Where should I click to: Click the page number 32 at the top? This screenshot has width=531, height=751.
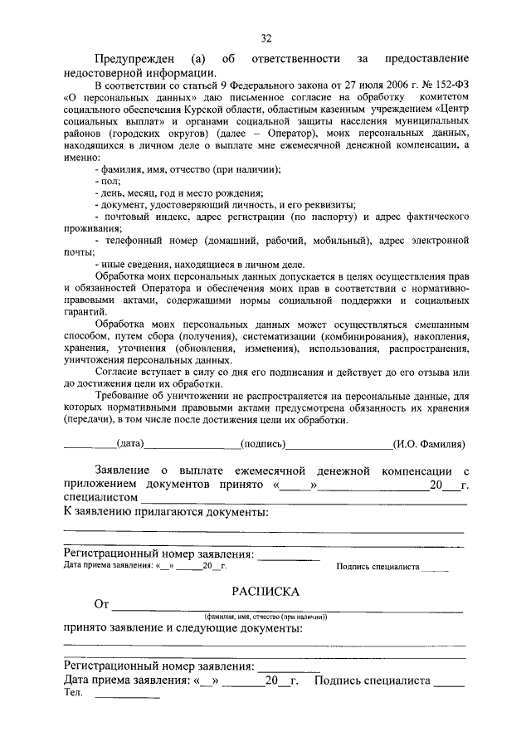(x=265, y=38)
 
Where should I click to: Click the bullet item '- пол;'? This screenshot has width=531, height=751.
(x=108, y=181)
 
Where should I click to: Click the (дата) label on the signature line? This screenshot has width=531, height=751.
(x=131, y=445)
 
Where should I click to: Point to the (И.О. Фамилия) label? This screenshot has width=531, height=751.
(x=429, y=445)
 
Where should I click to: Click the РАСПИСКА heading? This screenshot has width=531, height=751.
(x=265, y=591)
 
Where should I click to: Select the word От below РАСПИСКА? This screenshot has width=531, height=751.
(x=102, y=604)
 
